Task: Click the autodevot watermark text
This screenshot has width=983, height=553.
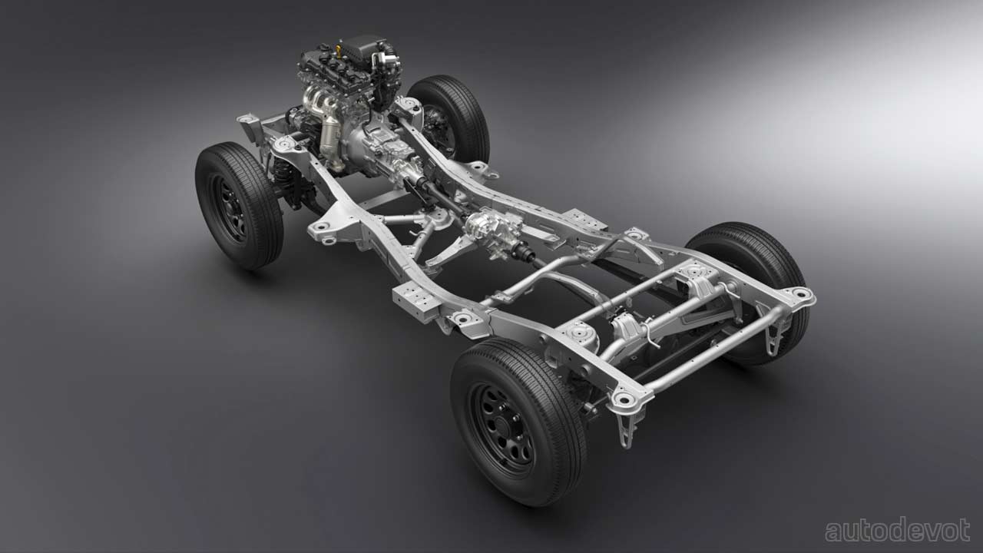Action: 898,530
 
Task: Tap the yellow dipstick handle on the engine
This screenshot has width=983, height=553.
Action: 339,46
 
